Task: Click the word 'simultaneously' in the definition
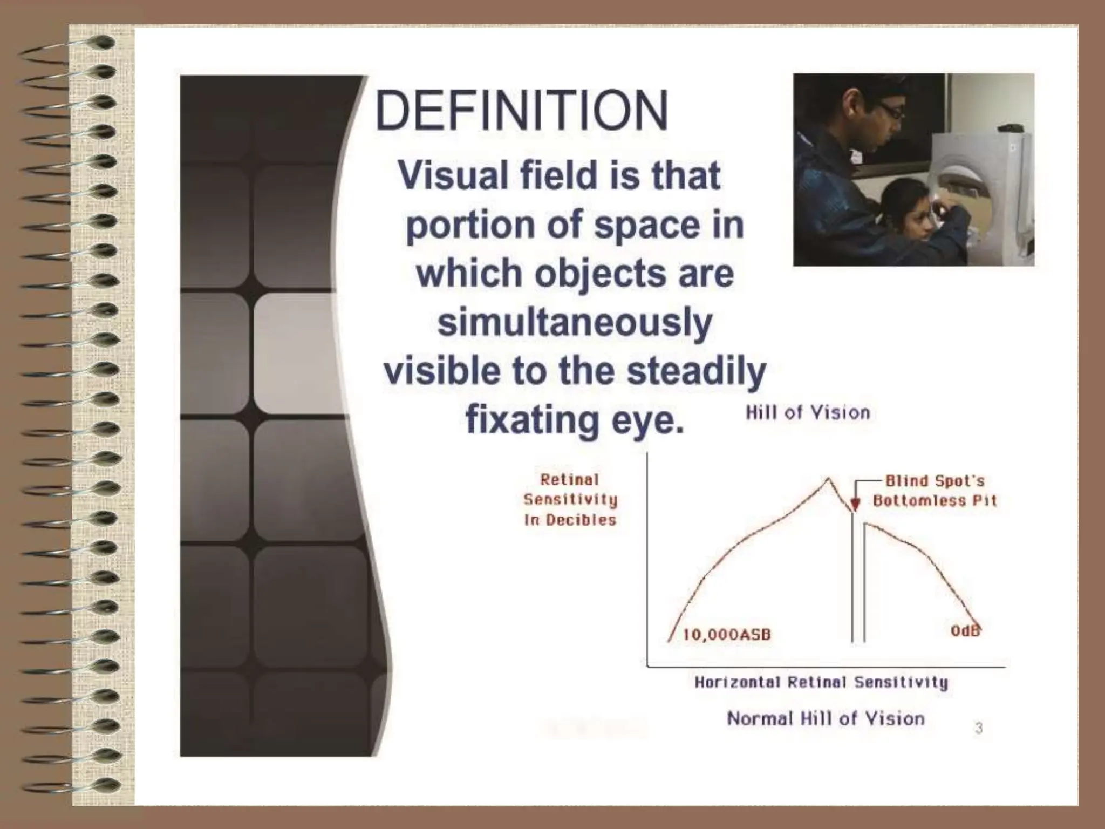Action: click(x=575, y=323)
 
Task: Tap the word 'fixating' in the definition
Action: click(x=531, y=419)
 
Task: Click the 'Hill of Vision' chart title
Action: click(x=808, y=413)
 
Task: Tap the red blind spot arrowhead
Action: click(x=855, y=505)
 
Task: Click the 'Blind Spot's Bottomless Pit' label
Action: click(x=935, y=491)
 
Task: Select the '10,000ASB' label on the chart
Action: click(x=727, y=635)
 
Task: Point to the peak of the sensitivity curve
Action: click(x=828, y=478)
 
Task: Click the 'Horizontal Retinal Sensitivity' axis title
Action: click(x=821, y=683)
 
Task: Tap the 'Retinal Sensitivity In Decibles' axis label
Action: click(x=570, y=500)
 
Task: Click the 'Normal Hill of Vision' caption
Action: click(x=826, y=718)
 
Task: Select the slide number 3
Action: click(x=979, y=728)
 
